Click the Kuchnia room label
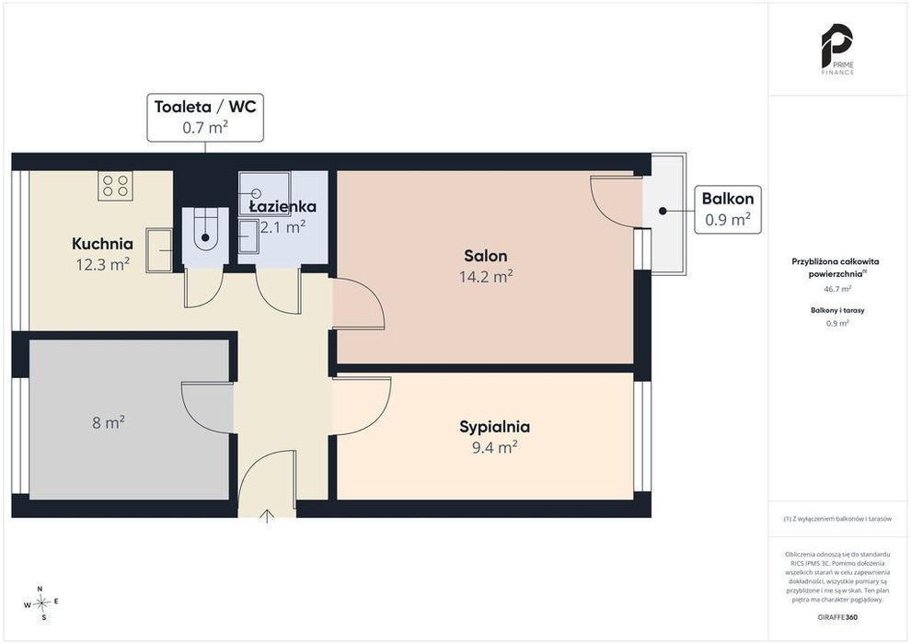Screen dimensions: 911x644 (102, 243)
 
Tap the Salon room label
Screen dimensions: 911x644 (486, 256)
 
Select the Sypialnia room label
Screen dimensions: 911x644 (494, 427)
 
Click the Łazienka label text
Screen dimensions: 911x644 (283, 206)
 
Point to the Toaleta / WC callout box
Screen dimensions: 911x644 (205, 118)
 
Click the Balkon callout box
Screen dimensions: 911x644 (728, 210)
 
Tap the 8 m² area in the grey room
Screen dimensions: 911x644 (109, 422)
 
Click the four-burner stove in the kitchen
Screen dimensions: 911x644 (115, 186)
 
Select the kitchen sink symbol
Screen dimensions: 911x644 (159, 250)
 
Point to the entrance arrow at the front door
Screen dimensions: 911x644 (267, 516)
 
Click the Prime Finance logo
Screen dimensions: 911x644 (837, 50)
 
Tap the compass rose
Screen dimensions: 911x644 (41, 604)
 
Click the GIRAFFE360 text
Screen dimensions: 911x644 (837, 617)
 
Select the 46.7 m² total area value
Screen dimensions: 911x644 (837, 289)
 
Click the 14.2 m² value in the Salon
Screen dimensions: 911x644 (486, 276)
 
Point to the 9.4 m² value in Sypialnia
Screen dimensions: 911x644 (494, 447)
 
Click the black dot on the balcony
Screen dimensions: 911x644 (663, 211)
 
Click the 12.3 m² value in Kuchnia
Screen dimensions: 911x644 (102, 264)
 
